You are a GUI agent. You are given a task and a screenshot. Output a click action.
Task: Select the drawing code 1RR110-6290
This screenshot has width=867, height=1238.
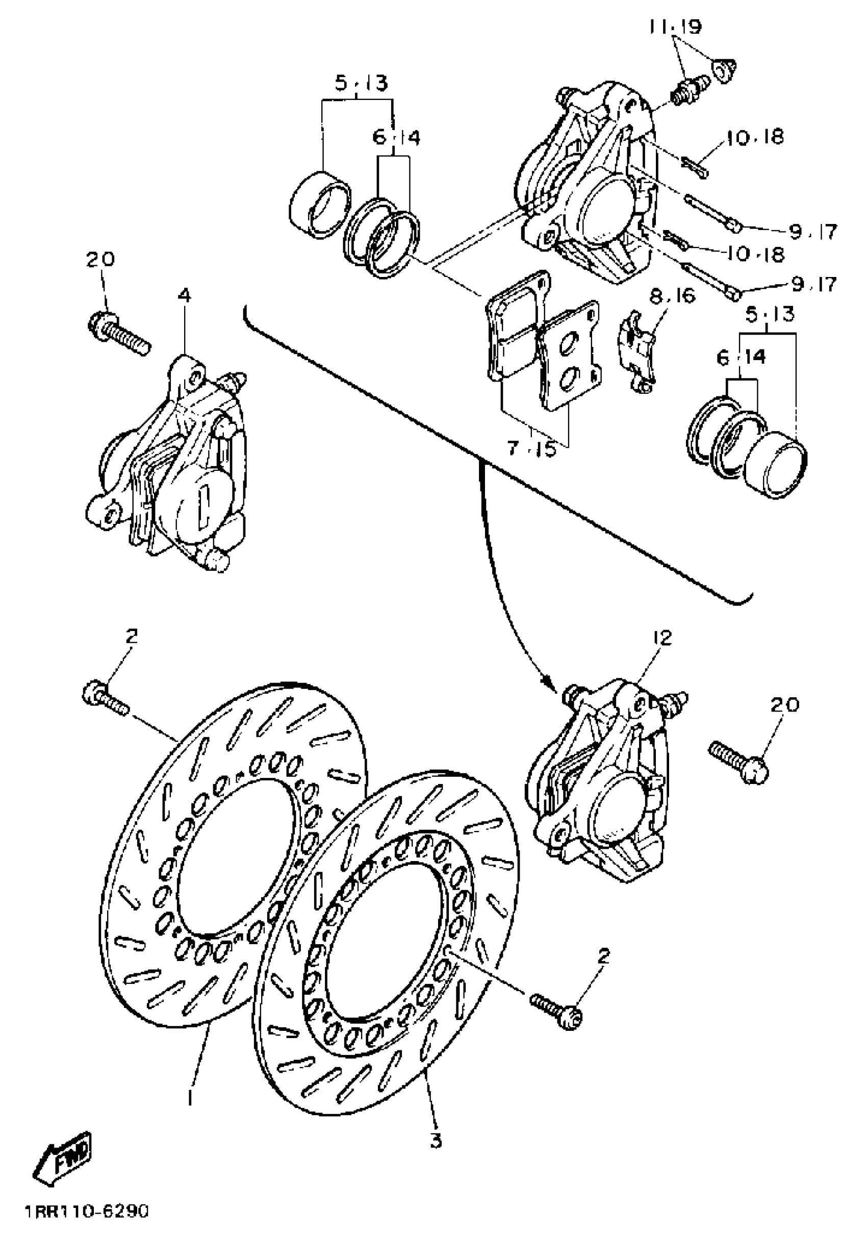tap(86, 1217)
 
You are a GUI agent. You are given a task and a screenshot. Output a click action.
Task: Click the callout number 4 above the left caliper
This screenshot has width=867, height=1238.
tap(185, 296)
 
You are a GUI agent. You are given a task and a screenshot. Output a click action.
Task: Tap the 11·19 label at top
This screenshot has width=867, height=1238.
tap(676, 26)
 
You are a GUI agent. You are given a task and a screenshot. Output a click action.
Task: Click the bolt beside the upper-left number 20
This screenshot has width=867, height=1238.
tap(117, 331)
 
